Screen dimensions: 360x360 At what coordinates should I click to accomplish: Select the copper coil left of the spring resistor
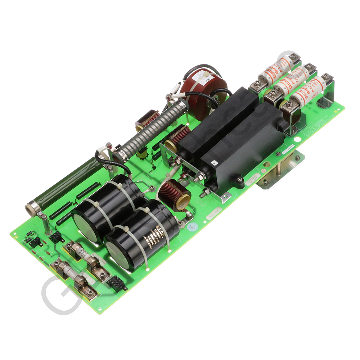pyautogui.click(x=147, y=120)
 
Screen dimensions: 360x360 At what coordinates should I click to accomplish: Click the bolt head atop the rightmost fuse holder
pyautogui.click(x=327, y=77)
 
